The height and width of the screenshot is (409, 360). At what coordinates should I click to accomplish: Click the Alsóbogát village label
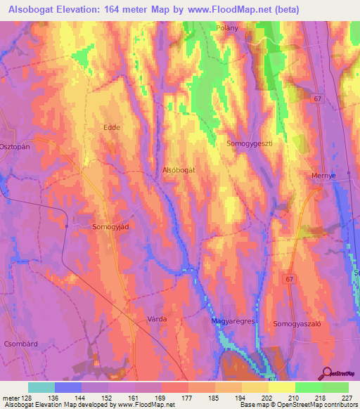click(x=178, y=170)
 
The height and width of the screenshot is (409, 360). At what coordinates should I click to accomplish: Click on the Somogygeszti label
click(x=248, y=143)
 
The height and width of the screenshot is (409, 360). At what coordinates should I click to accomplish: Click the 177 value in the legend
click(x=187, y=398)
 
